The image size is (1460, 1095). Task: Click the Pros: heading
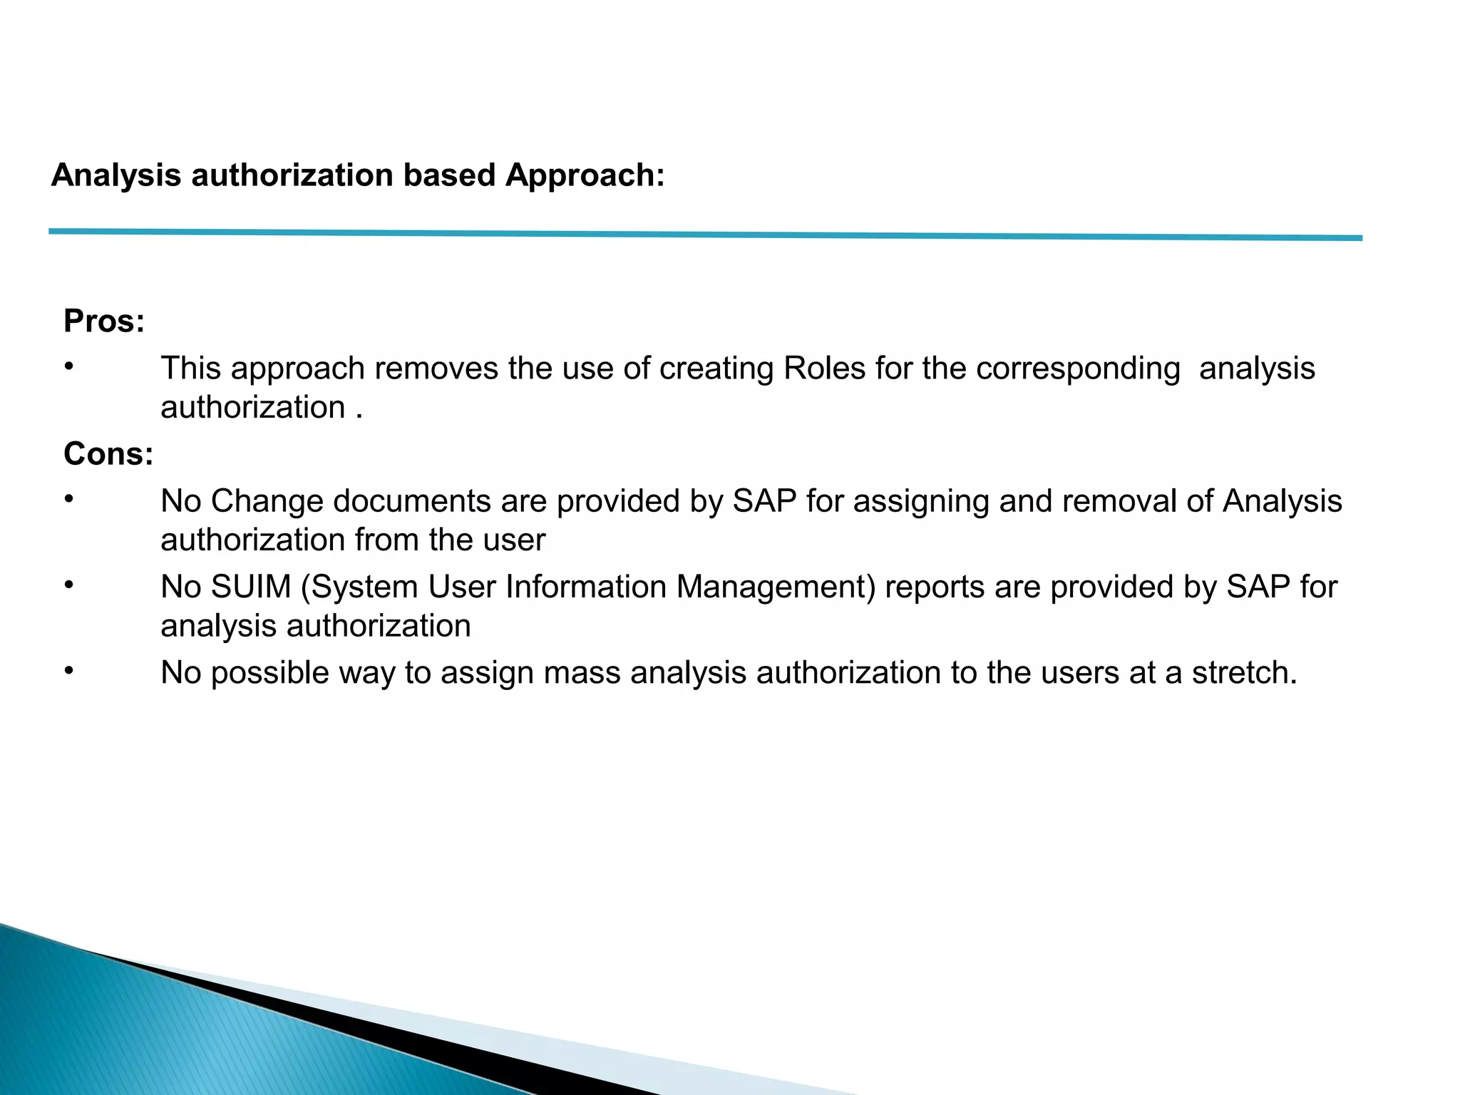104,322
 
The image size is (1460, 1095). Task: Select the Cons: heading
108,454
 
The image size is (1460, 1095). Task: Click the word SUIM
251,587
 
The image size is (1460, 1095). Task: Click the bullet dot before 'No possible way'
68,671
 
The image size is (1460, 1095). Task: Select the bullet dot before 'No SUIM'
68,585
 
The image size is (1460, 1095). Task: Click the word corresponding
1078,369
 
